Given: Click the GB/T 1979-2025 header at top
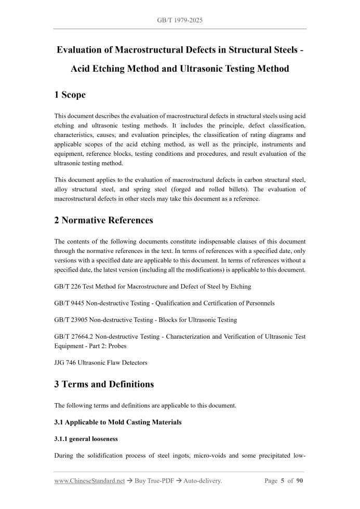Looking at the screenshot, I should pos(180,20).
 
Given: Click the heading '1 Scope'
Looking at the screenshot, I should pos(70,95).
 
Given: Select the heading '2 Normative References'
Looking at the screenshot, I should pos(103,220).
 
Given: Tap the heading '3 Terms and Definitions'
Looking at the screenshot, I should pos(104,384).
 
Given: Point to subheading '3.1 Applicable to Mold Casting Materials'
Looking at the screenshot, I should pos(118,422).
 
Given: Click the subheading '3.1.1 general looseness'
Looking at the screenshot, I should pos(86,439).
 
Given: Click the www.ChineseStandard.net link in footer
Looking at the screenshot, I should pos(89,481).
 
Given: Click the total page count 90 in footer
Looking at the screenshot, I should pos(299,481).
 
